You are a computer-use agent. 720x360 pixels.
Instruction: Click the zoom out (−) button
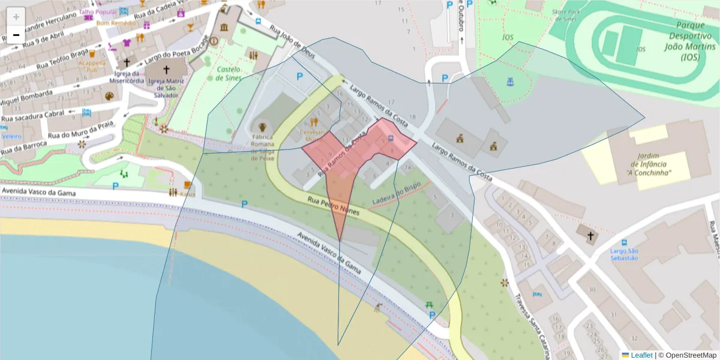[x=16, y=35]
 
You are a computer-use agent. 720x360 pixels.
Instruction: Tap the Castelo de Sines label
[x=229, y=74]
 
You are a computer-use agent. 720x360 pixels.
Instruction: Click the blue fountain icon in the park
[x=510, y=80]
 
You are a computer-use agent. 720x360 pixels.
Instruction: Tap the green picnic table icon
[x=430, y=305]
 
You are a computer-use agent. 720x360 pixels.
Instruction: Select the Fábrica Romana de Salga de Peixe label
[x=263, y=148]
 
